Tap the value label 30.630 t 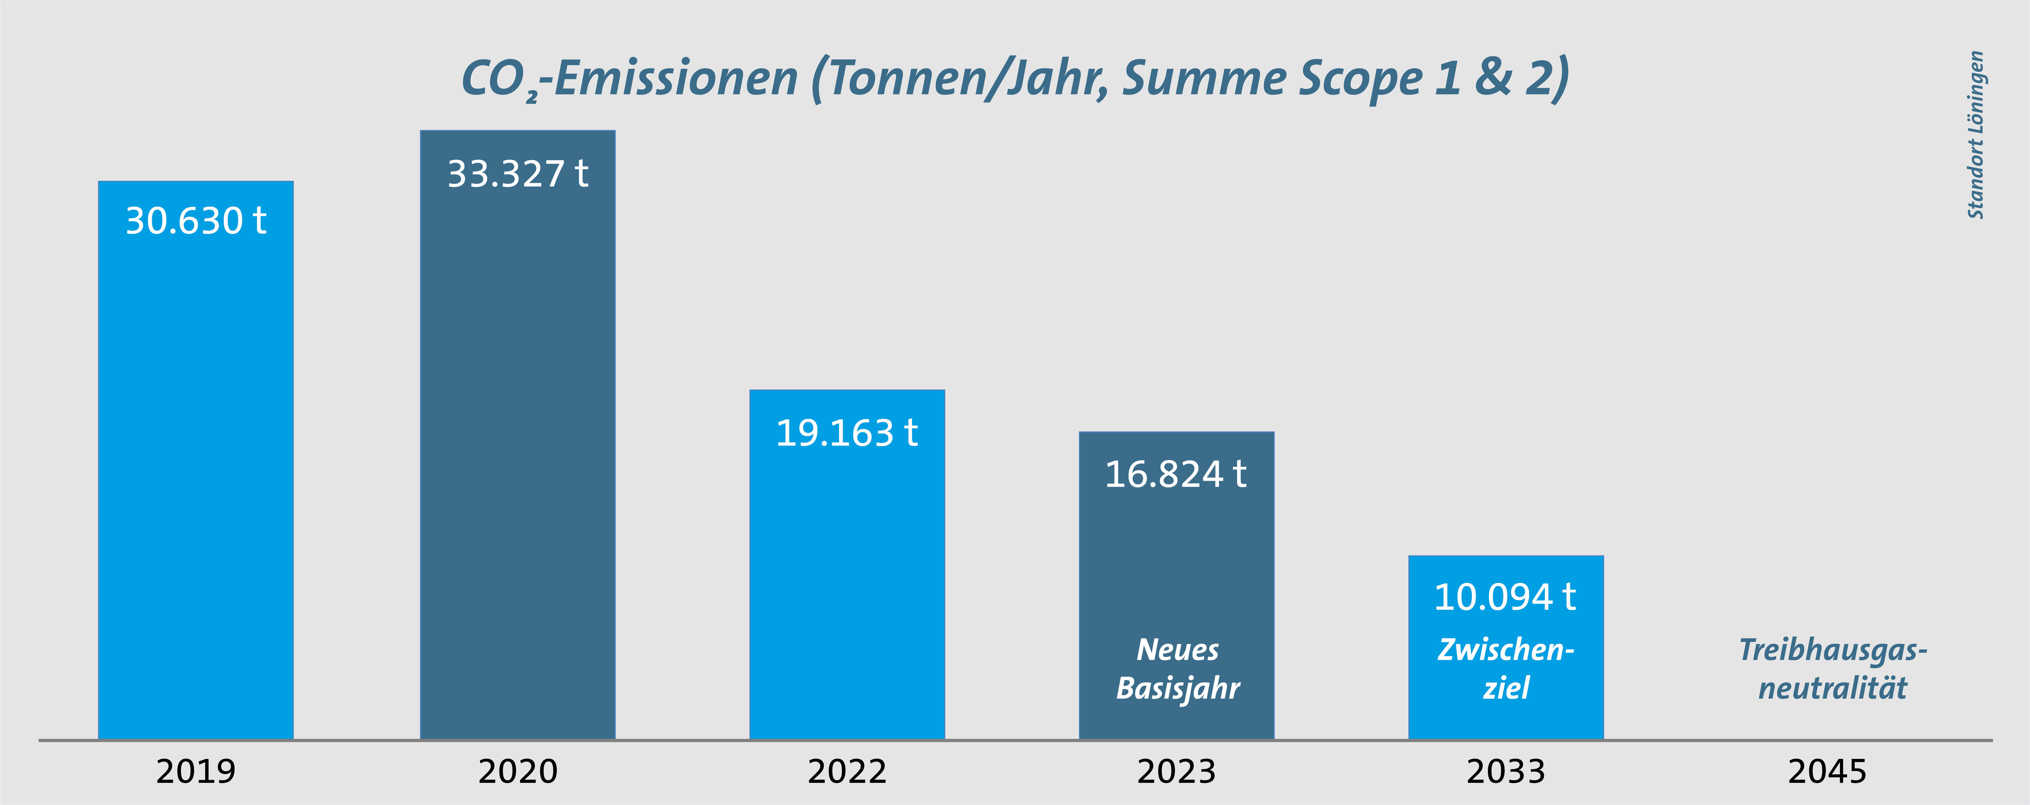pyautogui.click(x=195, y=221)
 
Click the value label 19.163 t pyautogui.click(x=846, y=433)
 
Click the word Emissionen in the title pyautogui.click(x=676, y=79)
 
